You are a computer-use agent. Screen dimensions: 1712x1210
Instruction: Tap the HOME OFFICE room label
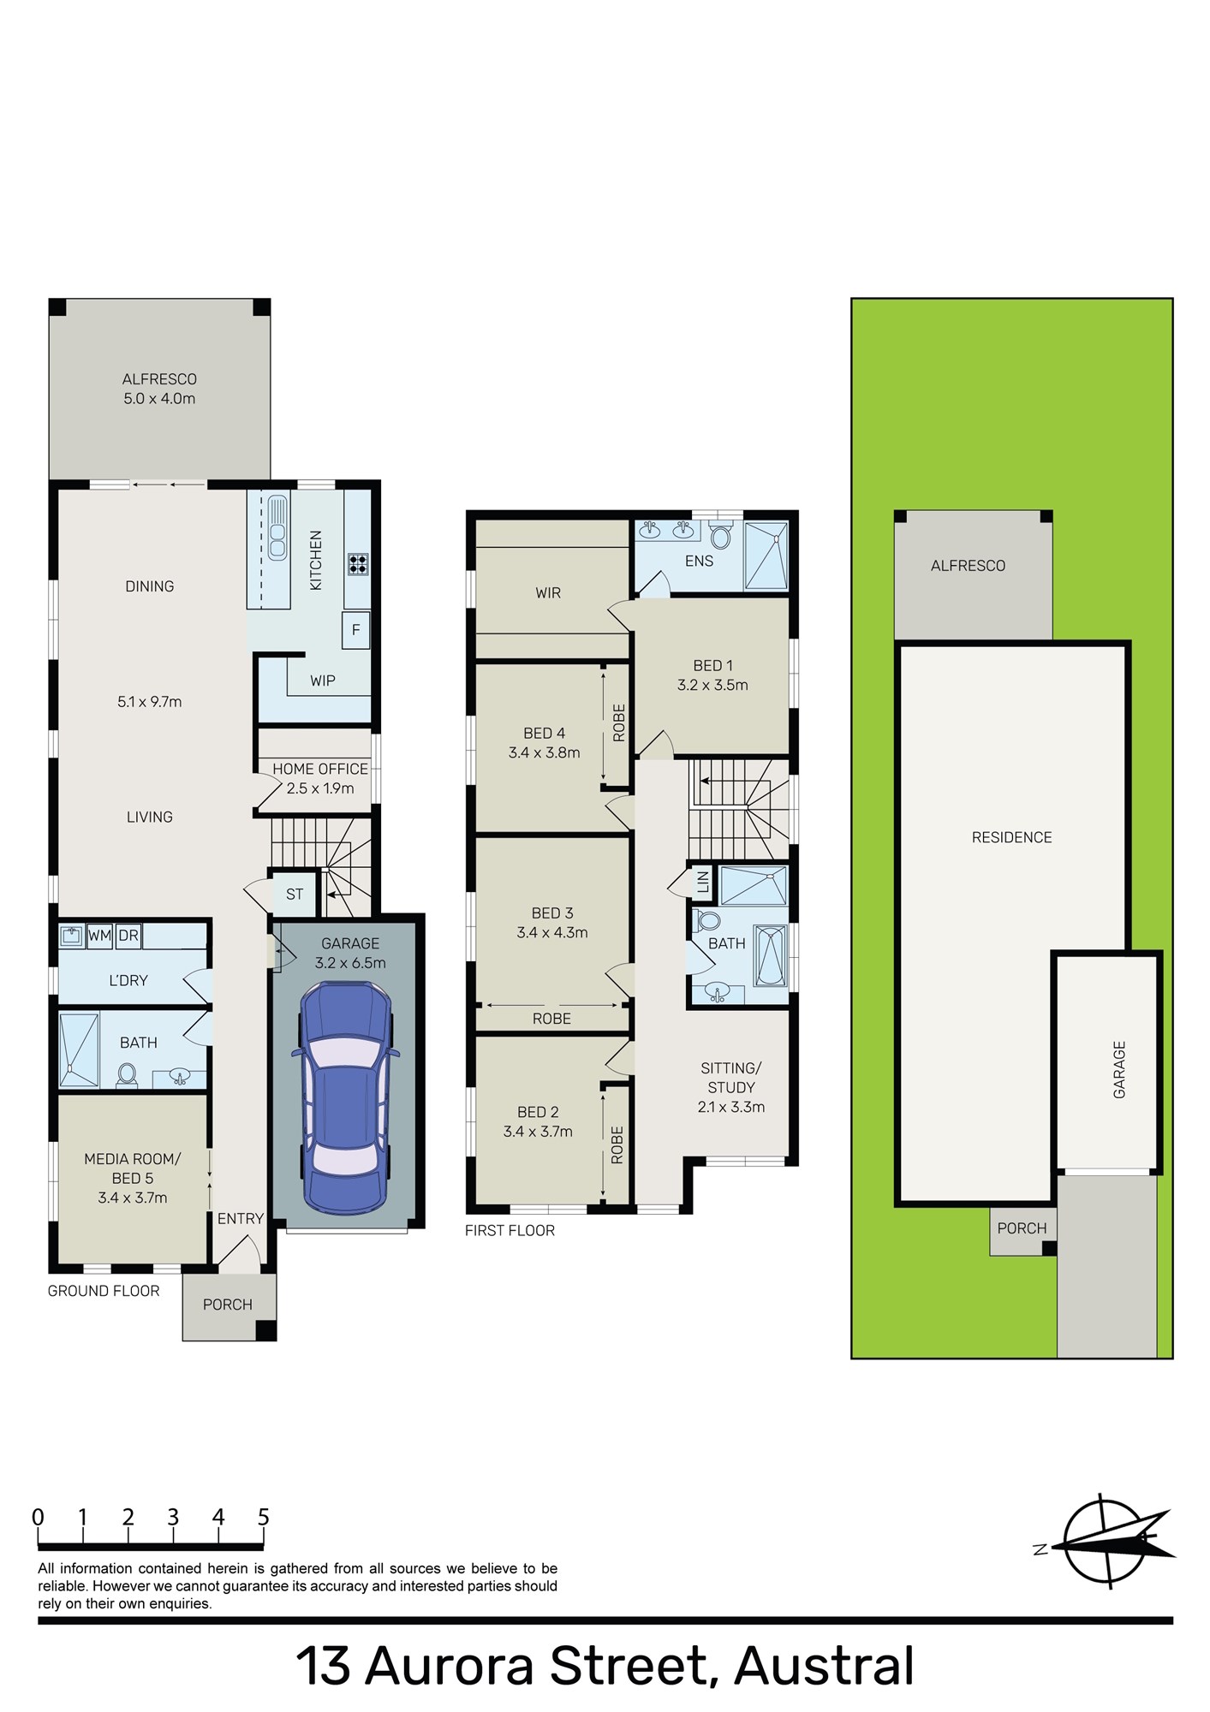[320, 769]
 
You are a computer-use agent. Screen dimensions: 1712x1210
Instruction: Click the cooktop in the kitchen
[358, 563]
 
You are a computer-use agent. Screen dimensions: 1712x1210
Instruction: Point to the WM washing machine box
[99, 936]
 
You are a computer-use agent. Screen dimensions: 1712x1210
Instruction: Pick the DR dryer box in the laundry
[128, 936]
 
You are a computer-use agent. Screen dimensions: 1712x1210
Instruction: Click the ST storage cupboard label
[295, 895]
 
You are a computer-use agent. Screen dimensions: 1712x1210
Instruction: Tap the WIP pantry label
[323, 681]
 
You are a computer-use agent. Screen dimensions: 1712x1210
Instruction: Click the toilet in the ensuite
[721, 537]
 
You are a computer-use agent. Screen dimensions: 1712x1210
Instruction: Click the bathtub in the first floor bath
[769, 955]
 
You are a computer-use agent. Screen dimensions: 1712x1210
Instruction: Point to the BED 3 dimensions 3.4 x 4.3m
[552, 933]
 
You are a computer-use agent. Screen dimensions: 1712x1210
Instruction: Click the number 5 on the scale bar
[263, 1517]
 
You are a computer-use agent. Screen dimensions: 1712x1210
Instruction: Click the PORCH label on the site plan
[1022, 1228]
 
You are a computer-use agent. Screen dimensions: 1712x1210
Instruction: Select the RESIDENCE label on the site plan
[1011, 837]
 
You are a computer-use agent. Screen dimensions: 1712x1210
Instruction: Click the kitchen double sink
[277, 527]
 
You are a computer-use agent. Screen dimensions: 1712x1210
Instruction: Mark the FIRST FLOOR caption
[510, 1230]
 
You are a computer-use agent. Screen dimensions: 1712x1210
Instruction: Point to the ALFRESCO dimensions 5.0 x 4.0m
[159, 398]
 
